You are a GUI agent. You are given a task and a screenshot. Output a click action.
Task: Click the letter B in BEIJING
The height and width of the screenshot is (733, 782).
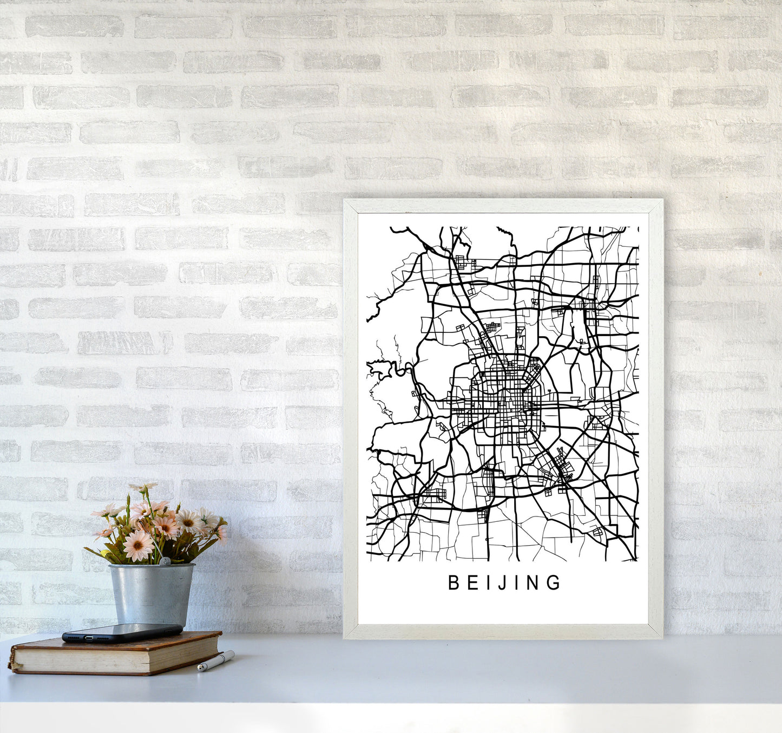pos(454,583)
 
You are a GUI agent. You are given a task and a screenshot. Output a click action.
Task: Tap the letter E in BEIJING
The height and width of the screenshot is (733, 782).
pos(471,583)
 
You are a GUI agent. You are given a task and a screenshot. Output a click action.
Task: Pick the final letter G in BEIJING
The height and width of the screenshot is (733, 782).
pos(554,583)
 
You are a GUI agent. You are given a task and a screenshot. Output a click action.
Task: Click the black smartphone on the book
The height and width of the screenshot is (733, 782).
pos(122,632)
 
